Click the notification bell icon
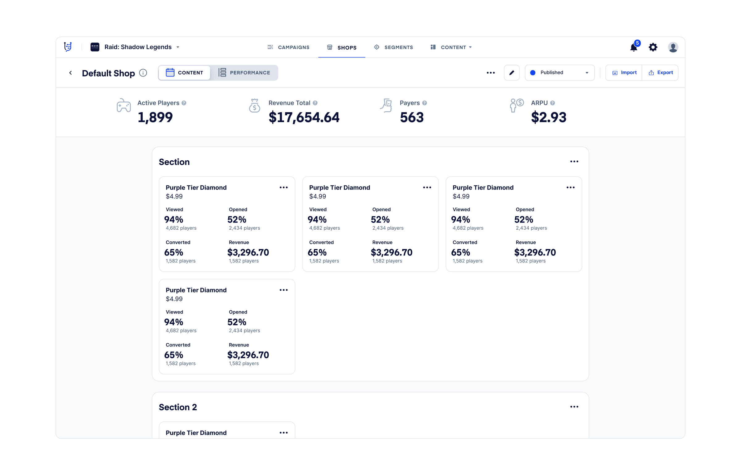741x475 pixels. tap(634, 47)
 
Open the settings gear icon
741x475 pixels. tap(653, 47)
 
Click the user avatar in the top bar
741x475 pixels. tap(673, 47)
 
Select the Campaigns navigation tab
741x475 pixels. tap(288, 47)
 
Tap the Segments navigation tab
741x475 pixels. tap(394, 47)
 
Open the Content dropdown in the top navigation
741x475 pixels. tap(451, 47)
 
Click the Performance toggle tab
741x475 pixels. tap(244, 73)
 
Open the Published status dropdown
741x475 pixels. tap(559, 73)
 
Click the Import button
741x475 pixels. tap(624, 73)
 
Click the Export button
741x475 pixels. tap(660, 73)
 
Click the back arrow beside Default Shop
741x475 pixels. tap(70, 73)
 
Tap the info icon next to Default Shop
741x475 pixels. tap(143, 73)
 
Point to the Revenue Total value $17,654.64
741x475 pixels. tap(304, 117)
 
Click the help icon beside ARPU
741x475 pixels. tap(552, 103)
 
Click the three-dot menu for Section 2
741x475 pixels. tap(574, 407)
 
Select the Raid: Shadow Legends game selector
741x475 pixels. tap(135, 47)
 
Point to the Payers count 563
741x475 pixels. tap(412, 117)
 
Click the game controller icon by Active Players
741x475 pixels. tap(124, 105)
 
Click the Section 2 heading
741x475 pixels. tap(178, 407)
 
